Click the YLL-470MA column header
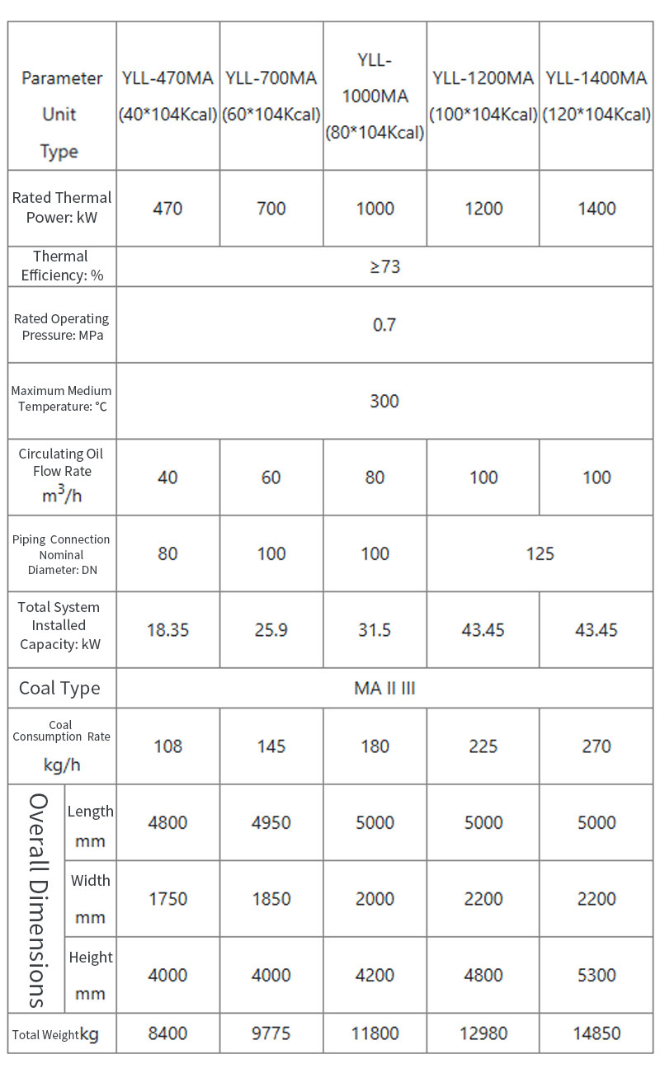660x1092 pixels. pos(167,96)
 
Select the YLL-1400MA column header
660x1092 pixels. pos(596,96)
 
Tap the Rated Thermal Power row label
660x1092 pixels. pos(62,208)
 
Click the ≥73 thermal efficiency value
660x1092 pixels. pos(384,266)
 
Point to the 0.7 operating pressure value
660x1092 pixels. pos(384,325)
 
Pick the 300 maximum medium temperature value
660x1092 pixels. pos(384,401)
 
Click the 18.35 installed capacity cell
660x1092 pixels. pos(167,630)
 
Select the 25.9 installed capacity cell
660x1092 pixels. pos(271,630)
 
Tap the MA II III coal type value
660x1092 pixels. pos(384,688)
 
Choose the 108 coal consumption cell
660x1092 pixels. pos(167,746)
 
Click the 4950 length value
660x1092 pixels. pos(271,822)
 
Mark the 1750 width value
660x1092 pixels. pos(167,899)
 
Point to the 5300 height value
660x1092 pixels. pos(596,975)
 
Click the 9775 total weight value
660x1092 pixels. pos(271,1033)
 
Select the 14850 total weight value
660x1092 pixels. pos(596,1033)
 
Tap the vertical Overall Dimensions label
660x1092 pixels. pos(37,899)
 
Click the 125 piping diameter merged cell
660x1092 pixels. pos(540,553)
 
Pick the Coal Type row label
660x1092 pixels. pos(59,688)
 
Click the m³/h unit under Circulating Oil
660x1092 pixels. pos(62,496)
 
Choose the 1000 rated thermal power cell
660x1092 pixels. pos(375,209)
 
